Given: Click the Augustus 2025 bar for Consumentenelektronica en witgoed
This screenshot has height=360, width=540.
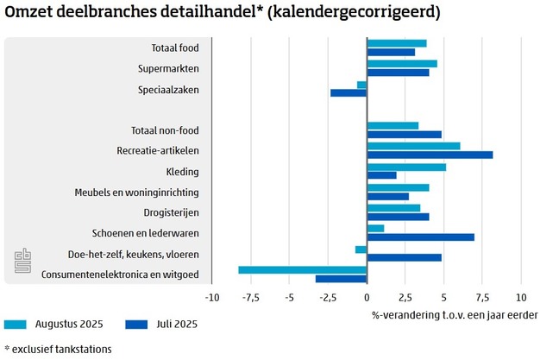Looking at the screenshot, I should pyautogui.click(x=303, y=269).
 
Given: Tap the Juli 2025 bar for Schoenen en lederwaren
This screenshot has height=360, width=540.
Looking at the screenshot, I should pyautogui.click(x=420, y=237).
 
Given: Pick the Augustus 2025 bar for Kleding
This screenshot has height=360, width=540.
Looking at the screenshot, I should pyautogui.click(x=406, y=167).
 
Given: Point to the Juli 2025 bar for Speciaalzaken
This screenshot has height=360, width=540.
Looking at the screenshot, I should pyautogui.click(x=348, y=92).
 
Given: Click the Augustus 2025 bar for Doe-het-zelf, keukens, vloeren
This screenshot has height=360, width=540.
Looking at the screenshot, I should pyautogui.click(x=361, y=249).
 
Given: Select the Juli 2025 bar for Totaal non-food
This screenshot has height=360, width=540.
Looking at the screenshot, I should pyautogui.click(x=404, y=134).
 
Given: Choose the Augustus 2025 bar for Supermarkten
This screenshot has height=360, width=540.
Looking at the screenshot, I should pyautogui.click(x=402, y=63).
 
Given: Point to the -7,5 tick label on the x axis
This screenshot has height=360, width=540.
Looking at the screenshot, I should pyautogui.click(x=250, y=296).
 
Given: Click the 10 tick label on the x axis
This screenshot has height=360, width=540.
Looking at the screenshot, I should pyautogui.click(x=520, y=296).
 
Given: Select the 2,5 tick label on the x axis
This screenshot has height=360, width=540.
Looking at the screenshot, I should pyautogui.click(x=405, y=296).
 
